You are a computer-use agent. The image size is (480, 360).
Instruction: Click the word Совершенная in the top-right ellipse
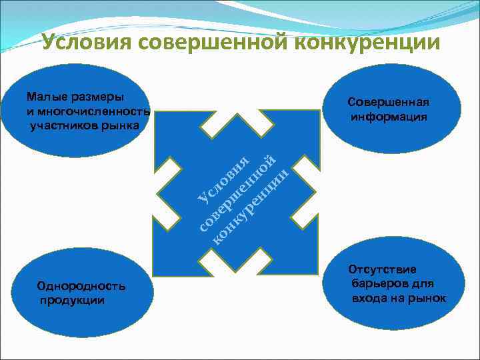[x=388, y=102]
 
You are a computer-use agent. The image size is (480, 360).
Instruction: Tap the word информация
[x=389, y=117]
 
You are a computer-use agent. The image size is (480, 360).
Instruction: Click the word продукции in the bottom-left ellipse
[x=71, y=300]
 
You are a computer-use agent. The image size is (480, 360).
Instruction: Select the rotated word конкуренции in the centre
[x=251, y=207]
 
